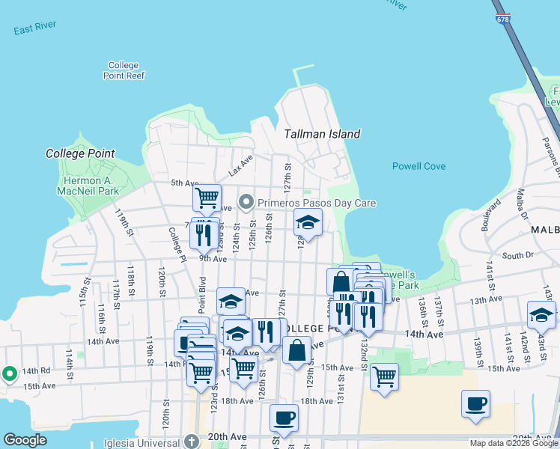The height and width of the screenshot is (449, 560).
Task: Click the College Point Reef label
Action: click(x=124, y=70)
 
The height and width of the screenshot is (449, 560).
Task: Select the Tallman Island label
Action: click(x=322, y=134)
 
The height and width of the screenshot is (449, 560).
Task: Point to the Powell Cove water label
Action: click(x=419, y=166)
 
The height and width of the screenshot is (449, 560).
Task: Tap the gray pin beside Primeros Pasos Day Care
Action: click(x=247, y=203)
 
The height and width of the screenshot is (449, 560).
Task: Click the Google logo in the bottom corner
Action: click(x=25, y=440)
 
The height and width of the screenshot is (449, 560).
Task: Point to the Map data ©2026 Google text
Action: click(x=514, y=443)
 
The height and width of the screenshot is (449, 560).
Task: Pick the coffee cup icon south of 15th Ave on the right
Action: click(x=475, y=403)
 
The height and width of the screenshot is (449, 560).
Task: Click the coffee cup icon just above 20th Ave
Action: click(x=284, y=418)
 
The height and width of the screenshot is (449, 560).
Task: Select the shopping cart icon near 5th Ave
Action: click(x=207, y=198)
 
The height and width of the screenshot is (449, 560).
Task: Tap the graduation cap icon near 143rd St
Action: click(x=541, y=314)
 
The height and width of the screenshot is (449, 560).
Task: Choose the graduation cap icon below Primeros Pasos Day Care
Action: click(x=307, y=222)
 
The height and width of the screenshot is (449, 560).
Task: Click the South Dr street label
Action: click(x=517, y=256)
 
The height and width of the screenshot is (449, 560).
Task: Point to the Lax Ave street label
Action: click(x=241, y=165)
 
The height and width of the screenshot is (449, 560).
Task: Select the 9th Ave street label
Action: click(x=213, y=259)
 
